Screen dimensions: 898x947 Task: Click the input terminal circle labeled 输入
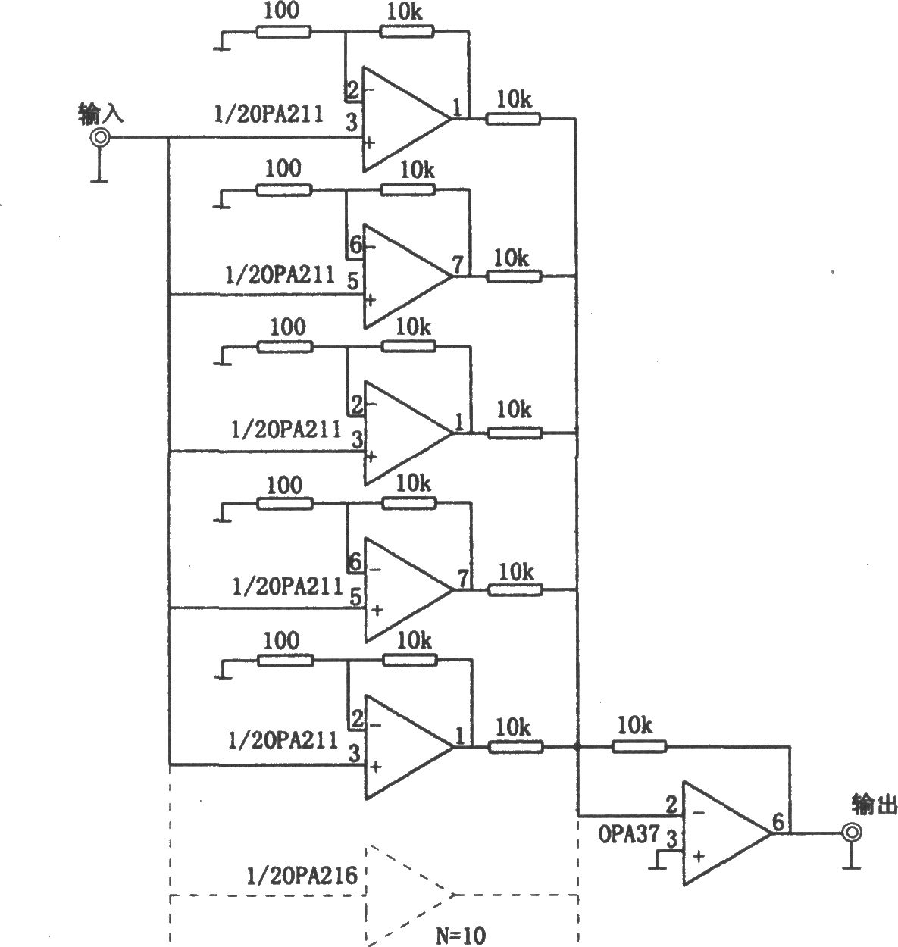(x=100, y=138)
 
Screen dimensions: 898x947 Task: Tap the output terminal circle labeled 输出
(x=852, y=833)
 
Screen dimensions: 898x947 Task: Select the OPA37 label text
(x=628, y=834)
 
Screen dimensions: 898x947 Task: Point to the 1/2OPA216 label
(x=302, y=875)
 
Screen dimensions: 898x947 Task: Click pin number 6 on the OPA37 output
(x=778, y=821)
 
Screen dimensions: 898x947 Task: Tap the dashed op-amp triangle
(x=409, y=895)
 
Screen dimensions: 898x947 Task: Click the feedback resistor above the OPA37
(x=639, y=747)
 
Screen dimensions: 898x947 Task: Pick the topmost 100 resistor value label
(x=281, y=11)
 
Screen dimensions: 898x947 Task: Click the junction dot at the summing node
(x=577, y=747)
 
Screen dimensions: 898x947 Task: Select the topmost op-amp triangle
(x=407, y=119)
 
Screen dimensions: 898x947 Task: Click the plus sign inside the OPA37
(x=699, y=856)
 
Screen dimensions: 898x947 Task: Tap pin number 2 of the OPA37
(x=671, y=805)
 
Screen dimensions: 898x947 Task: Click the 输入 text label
(x=101, y=114)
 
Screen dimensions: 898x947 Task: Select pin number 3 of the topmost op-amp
(x=352, y=122)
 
